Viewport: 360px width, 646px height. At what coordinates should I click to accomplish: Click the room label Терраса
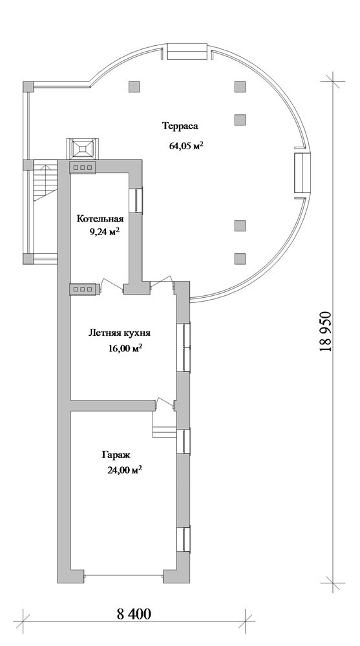coord(180,126)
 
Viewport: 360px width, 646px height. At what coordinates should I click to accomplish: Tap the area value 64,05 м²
coord(187,145)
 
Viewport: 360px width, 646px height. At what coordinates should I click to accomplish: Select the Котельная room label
coord(100,218)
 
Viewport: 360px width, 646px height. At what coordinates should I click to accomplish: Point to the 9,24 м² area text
coord(105,231)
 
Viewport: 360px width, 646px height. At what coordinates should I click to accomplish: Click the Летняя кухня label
coord(120,333)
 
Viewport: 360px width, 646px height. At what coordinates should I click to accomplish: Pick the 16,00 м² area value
coord(125,349)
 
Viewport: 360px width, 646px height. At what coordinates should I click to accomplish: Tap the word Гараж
coord(116,455)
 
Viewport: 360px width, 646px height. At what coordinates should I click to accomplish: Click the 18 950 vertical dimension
coord(326,330)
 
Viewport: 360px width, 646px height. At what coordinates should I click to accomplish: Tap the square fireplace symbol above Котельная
coord(83,148)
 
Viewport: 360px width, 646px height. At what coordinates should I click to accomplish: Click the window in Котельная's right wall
coord(136,200)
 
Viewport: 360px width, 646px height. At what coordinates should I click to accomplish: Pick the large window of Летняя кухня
coord(184,348)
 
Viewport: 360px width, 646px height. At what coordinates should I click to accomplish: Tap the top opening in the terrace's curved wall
coord(187,53)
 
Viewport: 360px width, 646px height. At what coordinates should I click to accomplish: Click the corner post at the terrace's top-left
coord(28,87)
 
